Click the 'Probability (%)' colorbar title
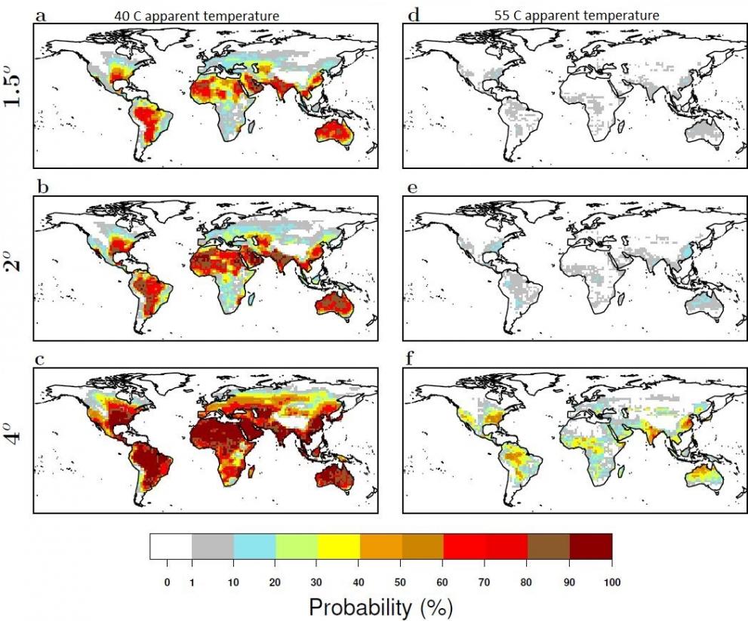click(381, 606)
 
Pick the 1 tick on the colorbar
click(192, 582)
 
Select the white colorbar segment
click(171, 546)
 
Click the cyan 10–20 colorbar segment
click(254, 546)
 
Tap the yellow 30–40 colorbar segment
click(338, 546)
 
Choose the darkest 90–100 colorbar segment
click(590, 546)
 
